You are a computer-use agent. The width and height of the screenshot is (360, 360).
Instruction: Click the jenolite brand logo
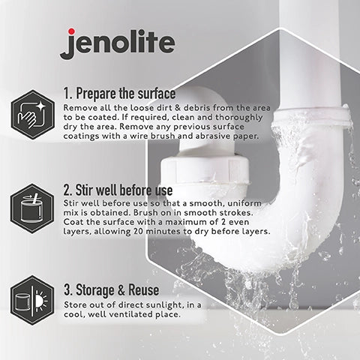click(117, 43)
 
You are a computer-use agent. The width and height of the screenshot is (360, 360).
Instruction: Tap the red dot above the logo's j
click(72, 31)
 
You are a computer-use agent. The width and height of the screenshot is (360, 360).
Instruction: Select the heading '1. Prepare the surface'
click(119, 94)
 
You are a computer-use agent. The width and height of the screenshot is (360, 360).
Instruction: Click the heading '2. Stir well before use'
click(118, 190)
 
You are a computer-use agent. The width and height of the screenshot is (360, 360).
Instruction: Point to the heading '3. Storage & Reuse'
click(112, 289)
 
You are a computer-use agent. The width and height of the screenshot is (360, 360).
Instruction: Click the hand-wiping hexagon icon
click(33, 115)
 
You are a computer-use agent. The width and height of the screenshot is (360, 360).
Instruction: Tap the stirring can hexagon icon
click(32, 208)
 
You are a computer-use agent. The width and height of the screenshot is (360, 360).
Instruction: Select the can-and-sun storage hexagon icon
click(32, 300)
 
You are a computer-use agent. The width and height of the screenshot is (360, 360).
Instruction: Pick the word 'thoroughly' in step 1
click(238, 118)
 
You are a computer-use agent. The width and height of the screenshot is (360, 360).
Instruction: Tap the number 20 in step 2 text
click(138, 231)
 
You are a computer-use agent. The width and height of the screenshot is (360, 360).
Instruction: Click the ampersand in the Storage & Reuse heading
click(121, 290)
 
